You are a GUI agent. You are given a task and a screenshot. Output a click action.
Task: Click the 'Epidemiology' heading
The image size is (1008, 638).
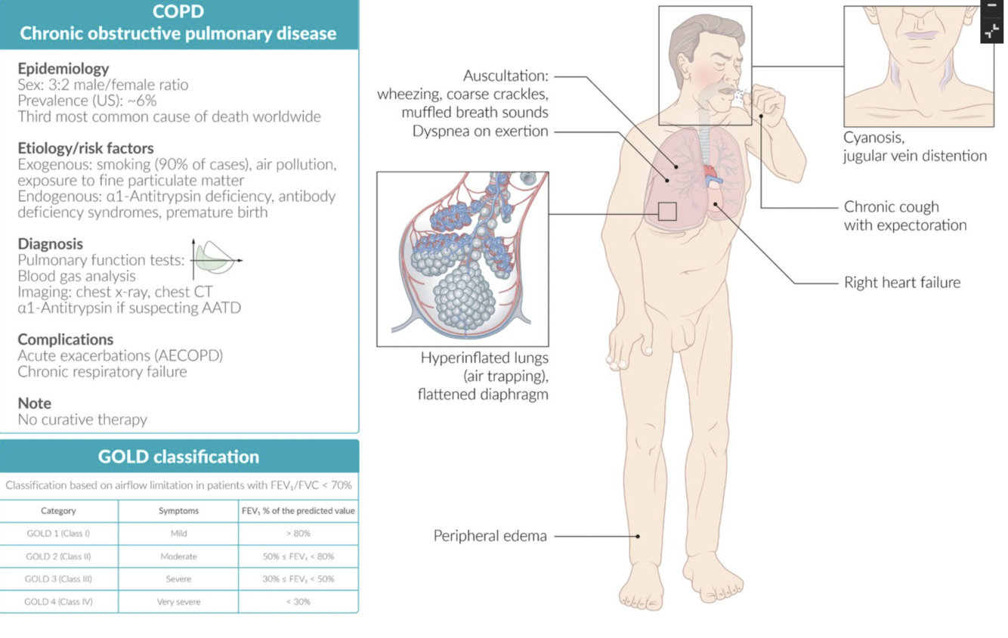pos(63,68)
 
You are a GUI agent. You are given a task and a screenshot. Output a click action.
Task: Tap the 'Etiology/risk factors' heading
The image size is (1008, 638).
pos(85,148)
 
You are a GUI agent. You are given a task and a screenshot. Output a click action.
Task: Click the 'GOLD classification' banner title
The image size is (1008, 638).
pos(178,457)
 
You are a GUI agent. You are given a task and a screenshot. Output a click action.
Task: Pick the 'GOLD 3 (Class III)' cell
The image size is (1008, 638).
pos(58,579)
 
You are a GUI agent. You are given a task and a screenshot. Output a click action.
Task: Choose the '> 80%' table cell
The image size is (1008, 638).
pos(298,534)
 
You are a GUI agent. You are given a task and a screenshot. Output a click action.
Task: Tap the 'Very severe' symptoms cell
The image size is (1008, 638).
pos(178,602)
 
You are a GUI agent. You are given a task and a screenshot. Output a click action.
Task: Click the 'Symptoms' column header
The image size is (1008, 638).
pos(178,511)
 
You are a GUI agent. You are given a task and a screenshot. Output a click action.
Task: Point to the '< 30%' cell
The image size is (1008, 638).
pos(298,602)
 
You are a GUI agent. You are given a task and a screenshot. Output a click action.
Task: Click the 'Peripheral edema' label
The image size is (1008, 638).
pos(490,536)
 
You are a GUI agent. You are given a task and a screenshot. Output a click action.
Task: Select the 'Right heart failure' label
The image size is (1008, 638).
pos(901,283)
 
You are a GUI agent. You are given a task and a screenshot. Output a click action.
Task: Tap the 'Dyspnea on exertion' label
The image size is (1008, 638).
pos(480,132)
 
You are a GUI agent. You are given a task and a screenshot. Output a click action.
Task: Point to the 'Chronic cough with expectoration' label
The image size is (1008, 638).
pos(904,216)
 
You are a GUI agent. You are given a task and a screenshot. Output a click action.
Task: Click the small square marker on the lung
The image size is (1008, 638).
pos(666,211)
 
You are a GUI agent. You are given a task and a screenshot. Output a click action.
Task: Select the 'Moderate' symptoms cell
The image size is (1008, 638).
pos(178,556)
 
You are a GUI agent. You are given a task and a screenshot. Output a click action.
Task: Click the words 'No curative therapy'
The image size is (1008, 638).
pos(82,420)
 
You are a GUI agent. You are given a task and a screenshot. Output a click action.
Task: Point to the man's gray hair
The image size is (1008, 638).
pos(691,34)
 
